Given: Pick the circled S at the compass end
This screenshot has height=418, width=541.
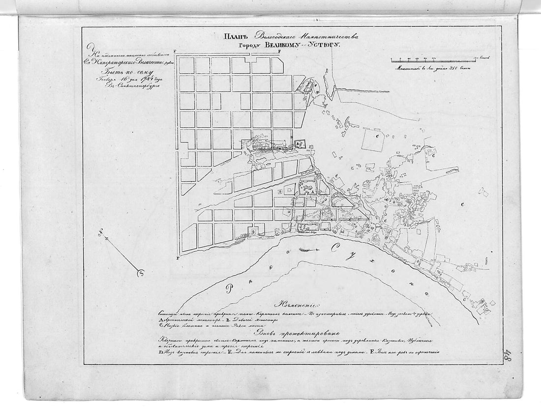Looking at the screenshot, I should (x=141, y=273).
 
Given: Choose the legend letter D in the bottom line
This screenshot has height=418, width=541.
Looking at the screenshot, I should (x=160, y=352).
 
